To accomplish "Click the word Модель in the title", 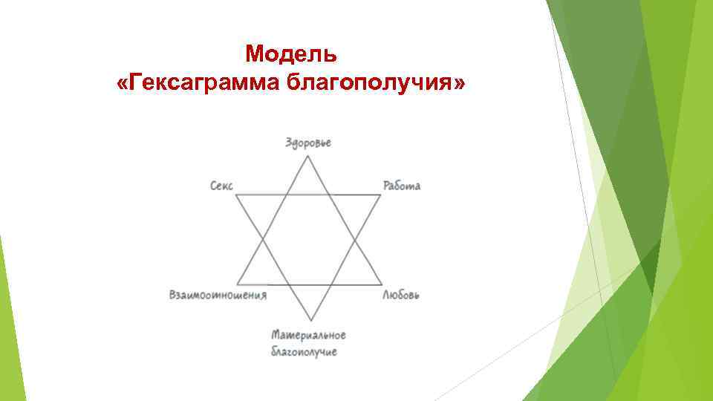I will tap(291, 54).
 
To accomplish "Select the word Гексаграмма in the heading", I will tap(198, 84).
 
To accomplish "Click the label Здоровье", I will tap(308, 143).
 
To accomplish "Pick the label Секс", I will tap(221, 186).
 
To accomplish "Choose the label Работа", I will tap(402, 186).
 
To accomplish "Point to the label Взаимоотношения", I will tap(218, 295).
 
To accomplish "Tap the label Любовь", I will tap(401, 295).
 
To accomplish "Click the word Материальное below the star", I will tap(308, 335).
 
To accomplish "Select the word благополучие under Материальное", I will tap(304, 351).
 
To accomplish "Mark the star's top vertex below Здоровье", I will tap(308, 154).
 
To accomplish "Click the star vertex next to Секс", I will tap(236, 195).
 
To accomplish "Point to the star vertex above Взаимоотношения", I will tap(236, 284).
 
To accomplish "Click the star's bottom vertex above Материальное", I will tap(308, 322).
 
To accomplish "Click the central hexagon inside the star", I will tap(308, 239).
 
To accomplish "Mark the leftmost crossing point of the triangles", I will tap(261, 239).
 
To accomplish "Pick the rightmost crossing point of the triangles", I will tap(356, 239).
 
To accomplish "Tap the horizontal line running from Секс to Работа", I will tap(308, 195).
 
